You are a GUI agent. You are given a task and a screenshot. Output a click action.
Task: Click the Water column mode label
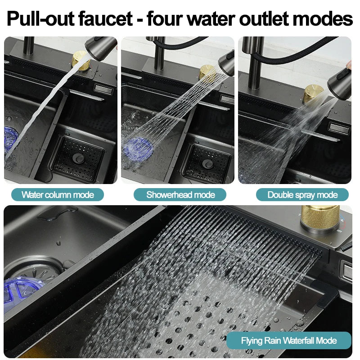(x=58, y=195)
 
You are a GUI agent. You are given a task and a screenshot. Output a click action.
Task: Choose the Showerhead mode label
(x=180, y=195)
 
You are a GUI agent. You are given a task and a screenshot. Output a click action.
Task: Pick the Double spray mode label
(x=302, y=195)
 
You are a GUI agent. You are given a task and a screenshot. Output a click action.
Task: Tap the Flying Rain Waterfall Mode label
(x=288, y=340)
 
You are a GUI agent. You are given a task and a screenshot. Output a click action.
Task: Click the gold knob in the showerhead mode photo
(x=207, y=72)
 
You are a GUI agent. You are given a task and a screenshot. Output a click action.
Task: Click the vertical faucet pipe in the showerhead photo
(x=159, y=54)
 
